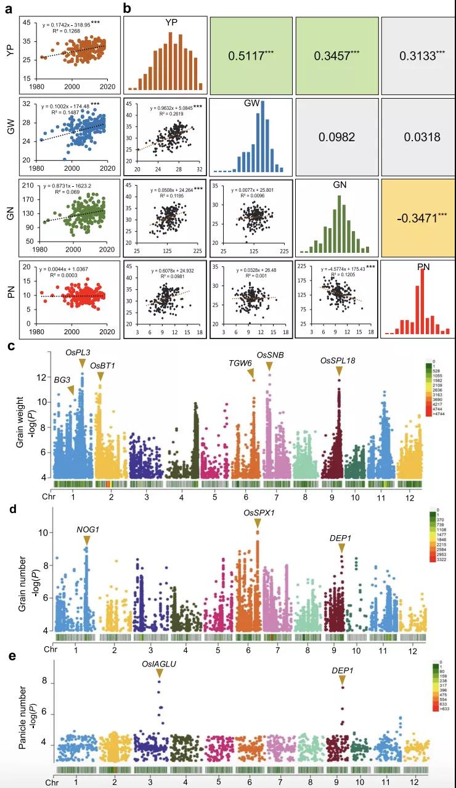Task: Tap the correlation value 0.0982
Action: pos(336,137)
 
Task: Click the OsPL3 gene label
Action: pos(78,352)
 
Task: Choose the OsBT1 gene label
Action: pos(102,366)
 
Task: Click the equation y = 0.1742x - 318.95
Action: pos(66,25)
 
